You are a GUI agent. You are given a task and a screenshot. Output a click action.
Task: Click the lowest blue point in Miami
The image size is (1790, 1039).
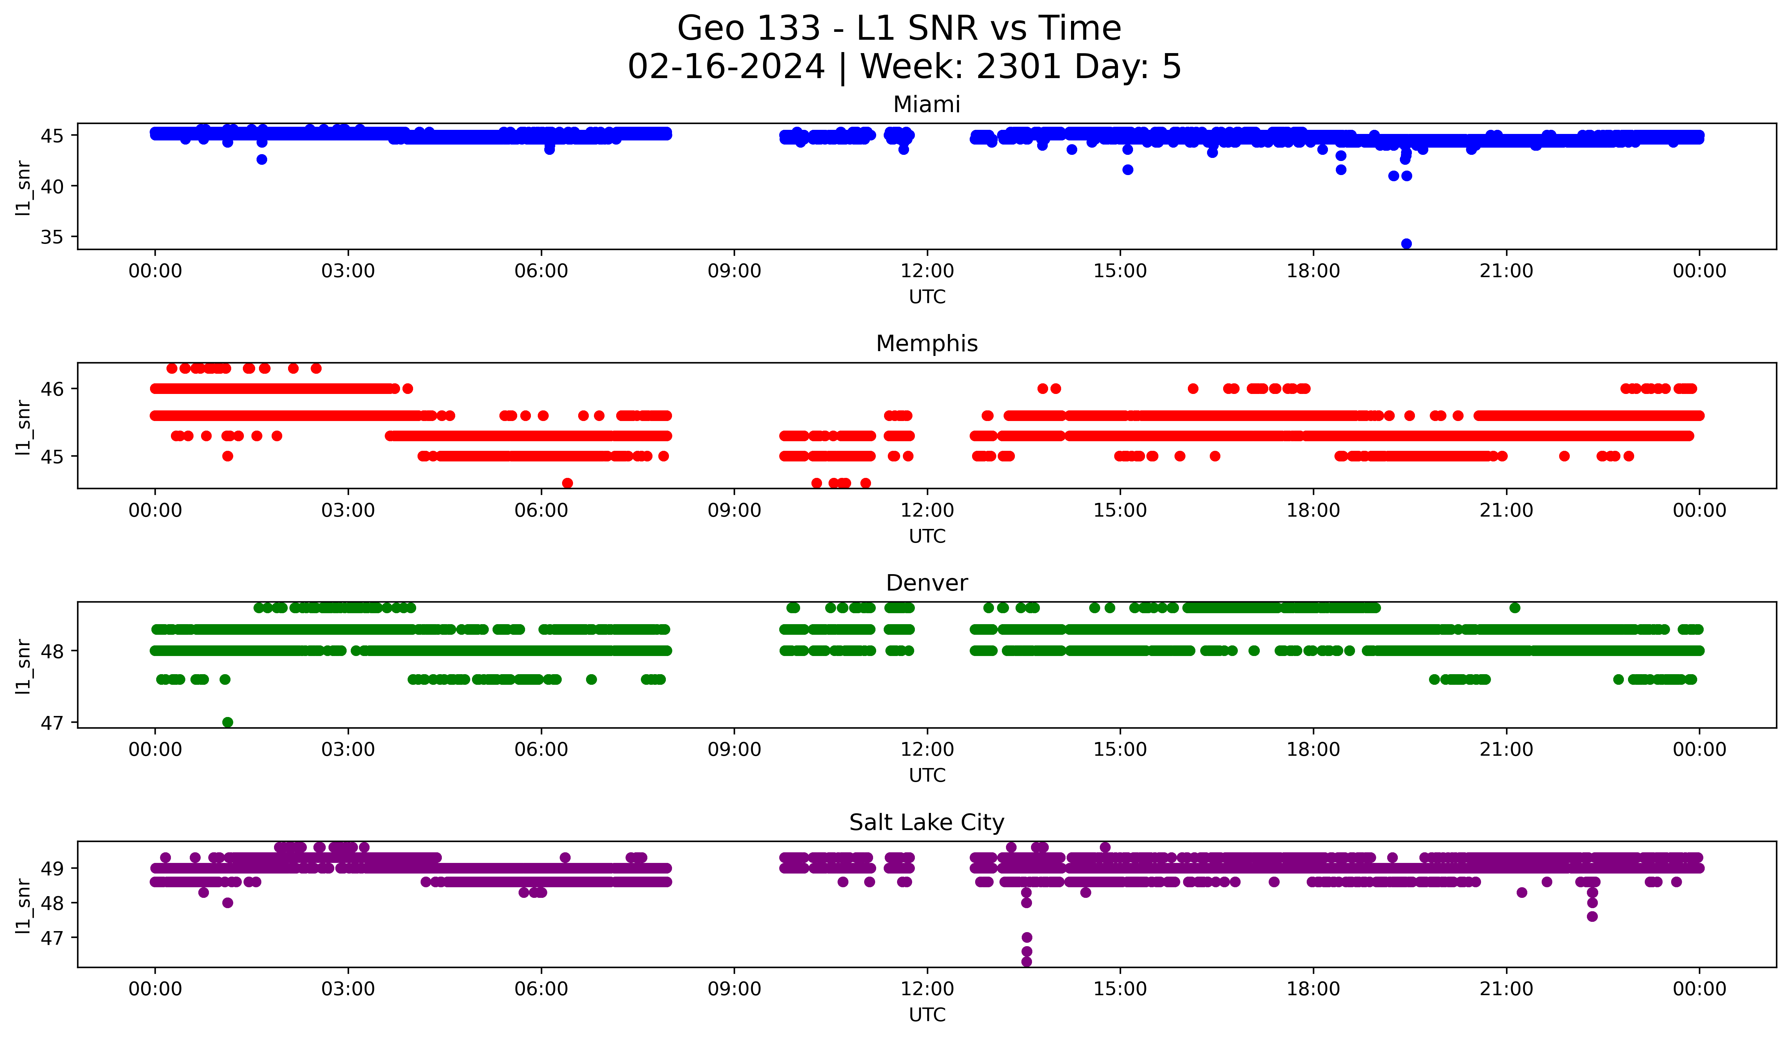pos(1406,244)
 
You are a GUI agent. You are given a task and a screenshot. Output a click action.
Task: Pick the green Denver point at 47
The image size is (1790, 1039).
pos(227,722)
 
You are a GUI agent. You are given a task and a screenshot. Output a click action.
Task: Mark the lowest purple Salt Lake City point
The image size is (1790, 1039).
pos(1027,962)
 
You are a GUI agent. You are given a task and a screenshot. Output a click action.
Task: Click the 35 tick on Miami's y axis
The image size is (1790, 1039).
pos(52,237)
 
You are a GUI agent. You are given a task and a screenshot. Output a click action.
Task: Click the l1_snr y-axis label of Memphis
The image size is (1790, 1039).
pos(23,426)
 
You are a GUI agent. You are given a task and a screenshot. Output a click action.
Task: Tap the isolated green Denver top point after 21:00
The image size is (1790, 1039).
pos(1514,607)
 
